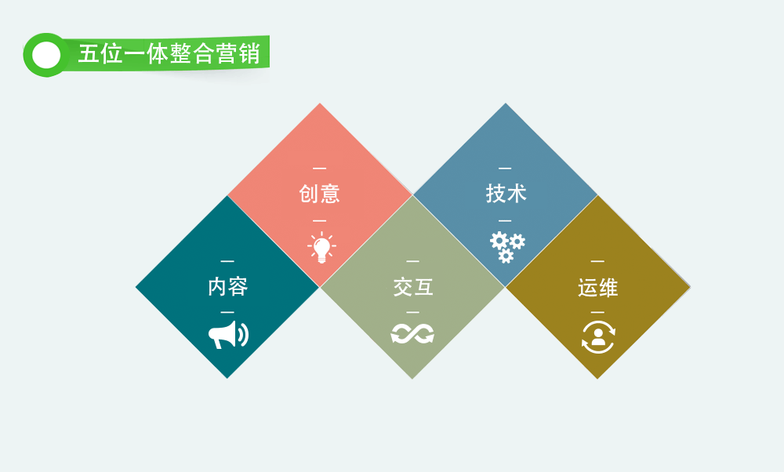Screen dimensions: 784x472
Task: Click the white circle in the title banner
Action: pyautogui.click(x=46, y=55)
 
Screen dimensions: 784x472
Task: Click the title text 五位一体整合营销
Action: pyautogui.click(x=169, y=53)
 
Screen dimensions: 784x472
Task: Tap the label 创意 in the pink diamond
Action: pyautogui.click(x=320, y=194)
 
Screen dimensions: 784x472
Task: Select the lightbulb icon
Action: pyautogui.click(x=321, y=247)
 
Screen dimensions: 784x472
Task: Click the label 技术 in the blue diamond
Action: pyautogui.click(x=506, y=194)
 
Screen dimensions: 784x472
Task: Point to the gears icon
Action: pyautogui.click(x=507, y=247)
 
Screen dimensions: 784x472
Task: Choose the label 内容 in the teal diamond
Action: pyautogui.click(x=228, y=286)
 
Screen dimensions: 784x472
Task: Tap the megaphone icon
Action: pyautogui.click(x=228, y=335)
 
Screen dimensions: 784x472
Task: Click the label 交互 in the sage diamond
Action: pyautogui.click(x=413, y=287)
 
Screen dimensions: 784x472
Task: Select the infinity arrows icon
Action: pyautogui.click(x=412, y=334)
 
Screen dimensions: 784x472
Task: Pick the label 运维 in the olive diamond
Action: pyautogui.click(x=598, y=288)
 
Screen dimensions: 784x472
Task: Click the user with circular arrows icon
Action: pyautogui.click(x=598, y=337)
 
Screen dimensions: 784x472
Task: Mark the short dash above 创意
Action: pyautogui.click(x=319, y=169)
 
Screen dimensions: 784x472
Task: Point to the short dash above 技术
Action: pyautogui.click(x=505, y=169)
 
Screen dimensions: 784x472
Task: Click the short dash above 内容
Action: pyautogui.click(x=227, y=261)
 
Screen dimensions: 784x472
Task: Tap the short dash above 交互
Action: pyautogui.click(x=412, y=261)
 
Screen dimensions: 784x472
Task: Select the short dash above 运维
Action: pyautogui.click(x=597, y=261)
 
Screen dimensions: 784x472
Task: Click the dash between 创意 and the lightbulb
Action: pyautogui.click(x=319, y=220)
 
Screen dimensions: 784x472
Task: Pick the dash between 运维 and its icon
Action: pyautogui.click(x=597, y=313)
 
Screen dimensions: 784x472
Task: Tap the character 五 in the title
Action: pyautogui.click(x=88, y=54)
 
